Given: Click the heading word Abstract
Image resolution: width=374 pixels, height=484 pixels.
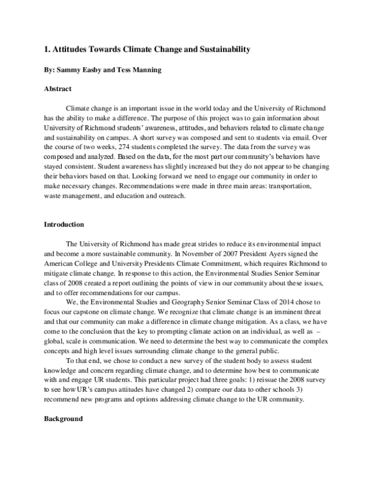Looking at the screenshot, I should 57,89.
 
